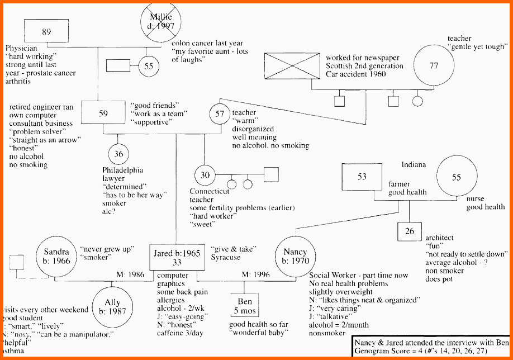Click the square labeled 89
46,32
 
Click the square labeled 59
103,113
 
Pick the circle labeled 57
220,113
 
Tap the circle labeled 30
205,176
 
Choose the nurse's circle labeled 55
457,178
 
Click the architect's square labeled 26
409,231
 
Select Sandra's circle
57,256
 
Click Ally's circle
112,306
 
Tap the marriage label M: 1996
255,274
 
